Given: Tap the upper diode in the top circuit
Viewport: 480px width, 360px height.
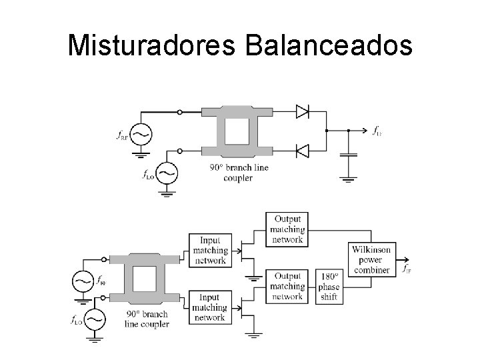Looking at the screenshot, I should pyautogui.click(x=302, y=112).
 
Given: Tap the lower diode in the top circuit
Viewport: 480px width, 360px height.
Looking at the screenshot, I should pyautogui.click(x=302, y=151).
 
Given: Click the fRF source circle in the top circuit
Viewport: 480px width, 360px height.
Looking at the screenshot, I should pyautogui.click(x=141, y=134).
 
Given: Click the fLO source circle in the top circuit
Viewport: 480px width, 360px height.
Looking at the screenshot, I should pyautogui.click(x=167, y=173).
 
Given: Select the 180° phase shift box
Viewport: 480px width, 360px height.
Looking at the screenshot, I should pyautogui.click(x=329, y=287).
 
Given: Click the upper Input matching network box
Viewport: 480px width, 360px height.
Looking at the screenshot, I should pyautogui.click(x=209, y=250).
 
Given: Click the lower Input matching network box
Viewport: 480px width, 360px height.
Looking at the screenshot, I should pyautogui.click(x=209, y=307).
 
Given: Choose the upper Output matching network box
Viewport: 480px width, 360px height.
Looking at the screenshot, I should pyautogui.click(x=287, y=229).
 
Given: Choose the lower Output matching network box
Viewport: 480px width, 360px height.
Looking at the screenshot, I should pyautogui.click(x=287, y=287).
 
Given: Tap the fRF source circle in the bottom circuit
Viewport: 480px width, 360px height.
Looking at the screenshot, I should pyautogui.click(x=83, y=281).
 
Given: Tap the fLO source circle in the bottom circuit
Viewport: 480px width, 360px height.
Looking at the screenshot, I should pyautogui.click(x=95, y=320).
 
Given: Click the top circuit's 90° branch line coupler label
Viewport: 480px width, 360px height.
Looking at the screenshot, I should pyautogui.click(x=239, y=173).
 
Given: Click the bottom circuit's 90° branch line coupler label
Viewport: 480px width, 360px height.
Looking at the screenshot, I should pyautogui.click(x=147, y=319).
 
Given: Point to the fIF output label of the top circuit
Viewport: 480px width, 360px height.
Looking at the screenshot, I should pyautogui.click(x=377, y=131).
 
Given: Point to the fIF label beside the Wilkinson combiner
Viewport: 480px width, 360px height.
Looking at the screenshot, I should pyautogui.click(x=406, y=269).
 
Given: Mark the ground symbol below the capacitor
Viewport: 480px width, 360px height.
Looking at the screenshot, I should pyautogui.click(x=348, y=178).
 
